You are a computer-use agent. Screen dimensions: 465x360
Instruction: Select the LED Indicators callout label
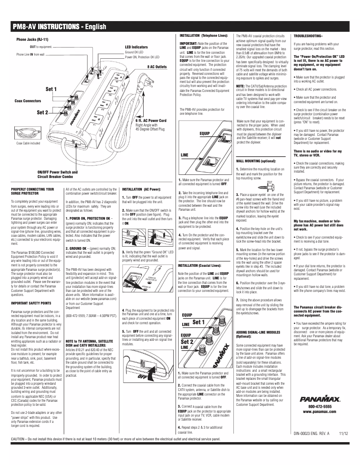pos(136,47)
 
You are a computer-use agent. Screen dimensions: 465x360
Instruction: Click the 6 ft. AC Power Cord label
pos(151,121)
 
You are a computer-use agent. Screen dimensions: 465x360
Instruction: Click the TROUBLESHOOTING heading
pos(307,35)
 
